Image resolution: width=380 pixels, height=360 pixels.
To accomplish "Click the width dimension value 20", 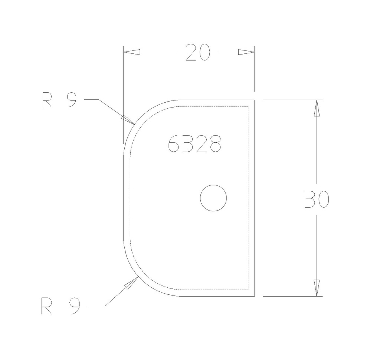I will pos(198,52).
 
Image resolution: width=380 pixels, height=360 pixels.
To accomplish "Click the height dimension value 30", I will pos(317,199).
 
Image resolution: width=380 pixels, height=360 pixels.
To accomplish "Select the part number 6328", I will pos(194,144).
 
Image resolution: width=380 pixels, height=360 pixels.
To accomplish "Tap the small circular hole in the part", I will pos(213,198).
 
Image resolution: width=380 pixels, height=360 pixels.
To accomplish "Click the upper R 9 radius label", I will pos(59,100).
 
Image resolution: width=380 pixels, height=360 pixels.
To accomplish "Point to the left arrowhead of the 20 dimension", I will pos(132,52).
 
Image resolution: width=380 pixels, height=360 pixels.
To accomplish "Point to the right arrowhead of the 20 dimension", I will pos(246,52).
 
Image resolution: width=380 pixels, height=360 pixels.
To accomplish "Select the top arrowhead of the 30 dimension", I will pos(317,108).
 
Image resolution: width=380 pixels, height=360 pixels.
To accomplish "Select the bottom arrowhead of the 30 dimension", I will pos(317,288).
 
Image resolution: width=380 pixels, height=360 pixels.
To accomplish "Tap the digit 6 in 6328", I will pos(174,144).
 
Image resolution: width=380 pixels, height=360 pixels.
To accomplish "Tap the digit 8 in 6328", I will pos(215,144).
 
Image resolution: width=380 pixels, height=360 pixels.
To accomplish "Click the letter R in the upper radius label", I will pos(47,100).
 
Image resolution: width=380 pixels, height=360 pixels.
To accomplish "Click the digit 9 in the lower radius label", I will pos(74,306).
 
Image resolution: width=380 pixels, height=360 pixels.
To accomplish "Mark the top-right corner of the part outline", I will pos(254,100).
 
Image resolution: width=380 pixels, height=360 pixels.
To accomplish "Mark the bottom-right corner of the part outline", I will pos(254,296).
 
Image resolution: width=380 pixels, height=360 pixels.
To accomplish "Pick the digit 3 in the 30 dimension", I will pos(310,199).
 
